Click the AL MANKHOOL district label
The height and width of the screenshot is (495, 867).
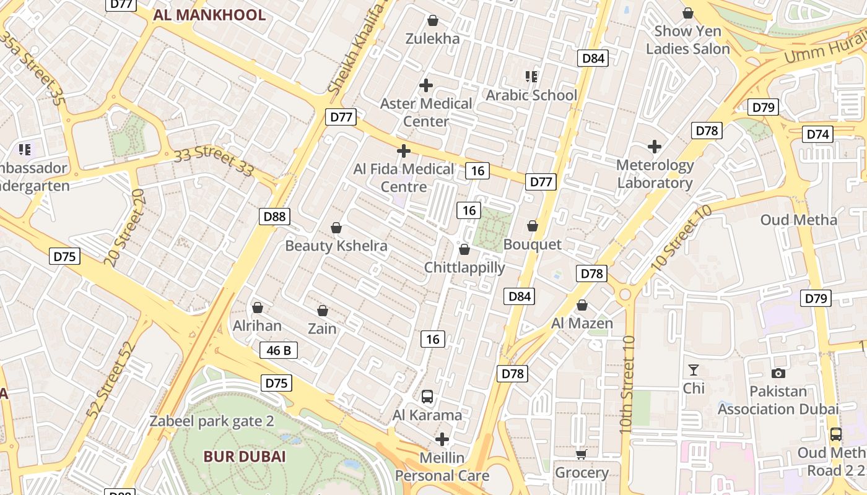tap(209, 15)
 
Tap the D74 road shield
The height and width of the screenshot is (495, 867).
tap(818, 134)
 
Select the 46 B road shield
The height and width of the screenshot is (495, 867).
tap(278, 351)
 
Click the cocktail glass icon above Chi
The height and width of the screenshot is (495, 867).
tap(694, 371)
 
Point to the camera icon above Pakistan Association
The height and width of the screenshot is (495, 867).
tap(778, 373)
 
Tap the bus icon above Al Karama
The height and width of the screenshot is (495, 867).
tap(427, 397)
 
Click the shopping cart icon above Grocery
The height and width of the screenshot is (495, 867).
tap(581, 455)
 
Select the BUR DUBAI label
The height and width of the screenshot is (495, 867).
tap(245, 457)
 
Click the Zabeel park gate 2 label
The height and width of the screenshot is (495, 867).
tap(212, 421)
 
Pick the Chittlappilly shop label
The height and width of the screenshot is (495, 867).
tap(464, 268)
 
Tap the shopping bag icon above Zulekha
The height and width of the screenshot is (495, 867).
tap(433, 20)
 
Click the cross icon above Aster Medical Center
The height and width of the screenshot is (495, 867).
tap(426, 85)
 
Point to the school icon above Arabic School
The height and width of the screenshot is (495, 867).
tap(531, 77)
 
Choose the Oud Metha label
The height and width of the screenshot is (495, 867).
tap(798, 220)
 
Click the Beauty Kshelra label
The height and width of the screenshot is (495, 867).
tap(336, 246)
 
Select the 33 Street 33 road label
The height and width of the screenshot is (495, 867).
tap(214, 160)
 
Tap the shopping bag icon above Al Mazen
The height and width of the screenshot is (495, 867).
tap(582, 305)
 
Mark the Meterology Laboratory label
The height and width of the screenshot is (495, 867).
tap(655, 174)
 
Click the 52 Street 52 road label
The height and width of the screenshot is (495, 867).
tap(110, 379)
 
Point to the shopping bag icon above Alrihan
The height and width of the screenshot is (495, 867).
tap(258, 308)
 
